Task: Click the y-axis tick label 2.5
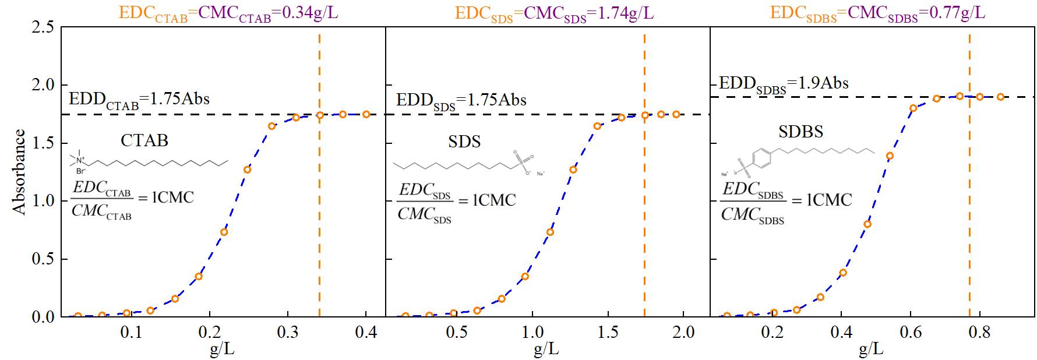point(44,27)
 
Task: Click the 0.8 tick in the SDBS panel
point(979,333)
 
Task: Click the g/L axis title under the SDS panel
point(546,350)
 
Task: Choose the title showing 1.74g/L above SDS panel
point(554,13)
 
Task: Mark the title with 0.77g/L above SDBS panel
point(878,13)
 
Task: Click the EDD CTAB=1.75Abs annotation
point(139,99)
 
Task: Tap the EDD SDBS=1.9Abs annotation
point(784,84)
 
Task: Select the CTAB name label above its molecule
point(144,140)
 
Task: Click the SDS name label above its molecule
point(464,142)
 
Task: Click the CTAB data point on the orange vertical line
point(320,115)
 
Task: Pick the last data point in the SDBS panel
point(1000,97)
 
